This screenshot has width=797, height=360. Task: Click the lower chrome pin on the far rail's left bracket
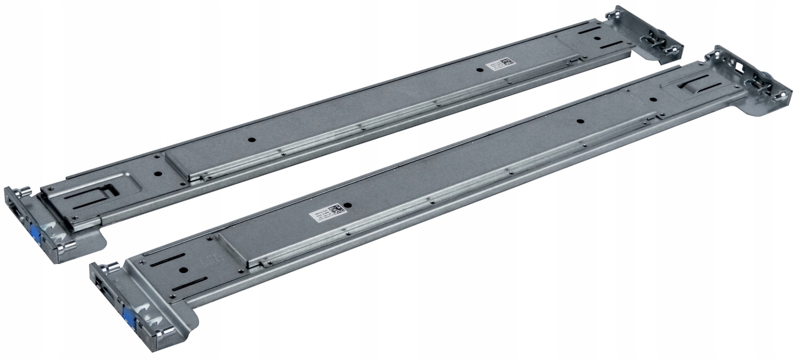pos(66,248)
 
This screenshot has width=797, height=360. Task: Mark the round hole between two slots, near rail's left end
pos(181,269)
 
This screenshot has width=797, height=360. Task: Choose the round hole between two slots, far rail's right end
pos(596,39)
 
